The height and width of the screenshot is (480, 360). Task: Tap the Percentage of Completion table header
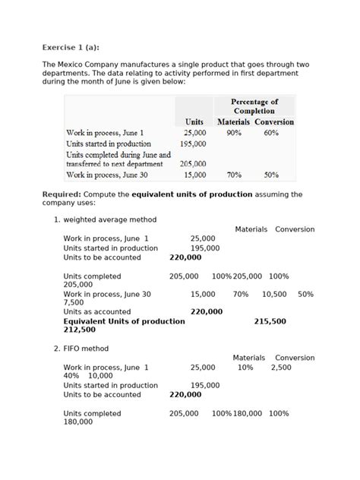tap(254, 106)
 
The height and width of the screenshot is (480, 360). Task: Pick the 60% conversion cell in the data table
tap(271, 132)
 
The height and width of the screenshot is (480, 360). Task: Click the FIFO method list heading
tap(86, 349)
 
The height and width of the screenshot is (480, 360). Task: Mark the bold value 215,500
tap(270, 321)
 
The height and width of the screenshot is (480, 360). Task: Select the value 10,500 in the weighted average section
tap(274, 294)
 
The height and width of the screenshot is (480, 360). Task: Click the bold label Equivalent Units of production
tap(124, 321)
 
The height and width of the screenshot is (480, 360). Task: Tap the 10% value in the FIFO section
tap(245, 367)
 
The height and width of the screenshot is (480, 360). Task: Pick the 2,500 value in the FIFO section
tap(280, 367)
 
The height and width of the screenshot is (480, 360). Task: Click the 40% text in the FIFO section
tap(71, 376)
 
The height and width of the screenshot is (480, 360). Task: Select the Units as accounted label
tap(97, 311)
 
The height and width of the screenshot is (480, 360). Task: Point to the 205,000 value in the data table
tap(193, 163)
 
